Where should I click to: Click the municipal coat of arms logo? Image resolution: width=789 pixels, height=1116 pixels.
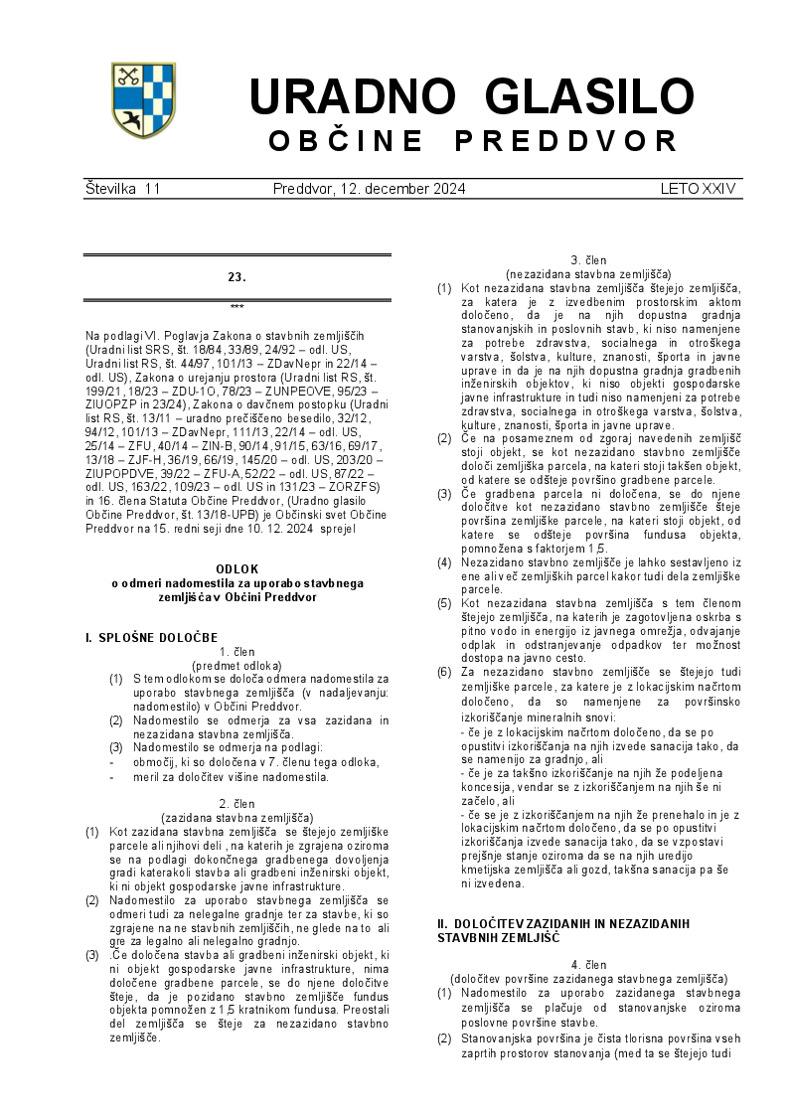pyautogui.click(x=143, y=100)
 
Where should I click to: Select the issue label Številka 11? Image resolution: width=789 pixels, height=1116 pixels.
pyautogui.click(x=122, y=188)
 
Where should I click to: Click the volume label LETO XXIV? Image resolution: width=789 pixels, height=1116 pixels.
pyautogui.click(x=698, y=188)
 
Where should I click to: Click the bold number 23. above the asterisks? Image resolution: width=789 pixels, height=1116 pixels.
pyautogui.click(x=237, y=277)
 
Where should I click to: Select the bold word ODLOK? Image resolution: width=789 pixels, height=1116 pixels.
pyautogui.click(x=237, y=568)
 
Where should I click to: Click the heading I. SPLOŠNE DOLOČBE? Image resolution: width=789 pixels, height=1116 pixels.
pyautogui.click(x=151, y=637)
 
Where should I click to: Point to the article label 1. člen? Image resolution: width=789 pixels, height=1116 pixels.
pyautogui.click(x=237, y=652)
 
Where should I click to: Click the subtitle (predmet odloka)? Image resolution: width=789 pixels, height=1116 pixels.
pyautogui.click(x=237, y=665)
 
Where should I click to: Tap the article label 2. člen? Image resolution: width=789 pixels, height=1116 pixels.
pyautogui.click(x=237, y=803)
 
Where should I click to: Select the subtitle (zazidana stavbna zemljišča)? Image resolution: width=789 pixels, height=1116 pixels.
pyautogui.click(x=237, y=816)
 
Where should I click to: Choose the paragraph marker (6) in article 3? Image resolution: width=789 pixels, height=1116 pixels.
pyautogui.click(x=444, y=672)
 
